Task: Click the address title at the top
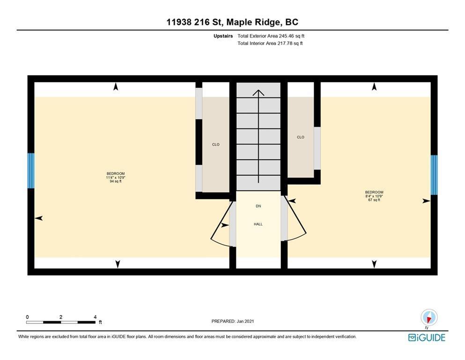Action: point(232,22)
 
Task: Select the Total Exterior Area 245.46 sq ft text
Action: point(271,36)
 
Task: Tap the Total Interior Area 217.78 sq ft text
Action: point(270,43)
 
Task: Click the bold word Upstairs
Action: point(223,36)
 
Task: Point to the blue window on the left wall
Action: point(31,171)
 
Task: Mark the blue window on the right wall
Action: point(434,175)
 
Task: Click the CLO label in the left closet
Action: point(215,144)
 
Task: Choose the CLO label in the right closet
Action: point(301,137)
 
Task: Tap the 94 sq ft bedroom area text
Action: point(116,181)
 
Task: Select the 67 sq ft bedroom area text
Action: point(374,200)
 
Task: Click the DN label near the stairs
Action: point(258,206)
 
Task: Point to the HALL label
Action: point(258,224)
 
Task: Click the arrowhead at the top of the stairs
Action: point(258,92)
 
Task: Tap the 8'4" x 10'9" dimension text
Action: point(374,196)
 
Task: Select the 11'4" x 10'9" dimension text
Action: point(116,178)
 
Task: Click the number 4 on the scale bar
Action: point(95,317)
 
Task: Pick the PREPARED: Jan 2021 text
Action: point(232,321)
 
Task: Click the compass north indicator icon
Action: point(429,317)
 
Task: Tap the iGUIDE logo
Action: point(427,338)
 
